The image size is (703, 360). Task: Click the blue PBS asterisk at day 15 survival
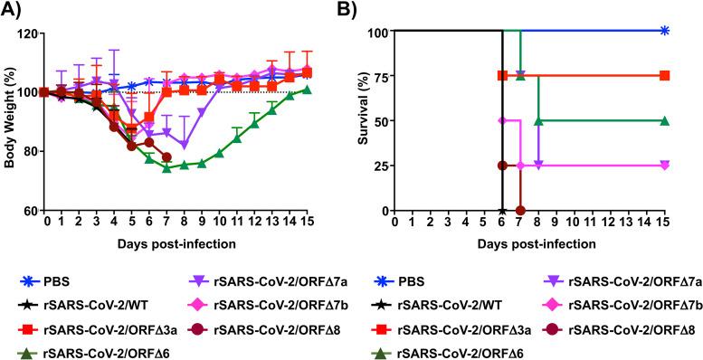click(665, 31)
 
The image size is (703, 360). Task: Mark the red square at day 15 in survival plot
click(665, 76)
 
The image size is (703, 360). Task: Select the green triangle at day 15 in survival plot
click(665, 120)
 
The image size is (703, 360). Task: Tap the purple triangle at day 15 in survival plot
click(665, 166)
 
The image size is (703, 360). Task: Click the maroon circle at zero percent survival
click(520, 210)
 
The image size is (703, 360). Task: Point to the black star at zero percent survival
click(503, 210)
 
